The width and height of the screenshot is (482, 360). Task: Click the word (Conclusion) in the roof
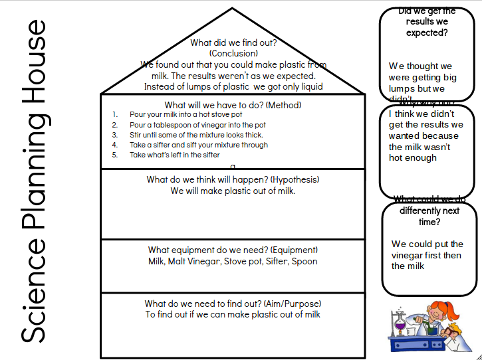click(233, 53)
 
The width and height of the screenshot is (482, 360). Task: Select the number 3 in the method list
click(114, 135)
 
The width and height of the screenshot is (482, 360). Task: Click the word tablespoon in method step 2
click(173, 125)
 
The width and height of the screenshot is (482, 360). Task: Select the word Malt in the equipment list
click(180, 261)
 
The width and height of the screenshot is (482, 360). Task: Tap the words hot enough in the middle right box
click(413, 158)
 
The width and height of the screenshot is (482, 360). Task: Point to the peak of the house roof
click(232, 9)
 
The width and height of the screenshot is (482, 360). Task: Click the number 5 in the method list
click(114, 155)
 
